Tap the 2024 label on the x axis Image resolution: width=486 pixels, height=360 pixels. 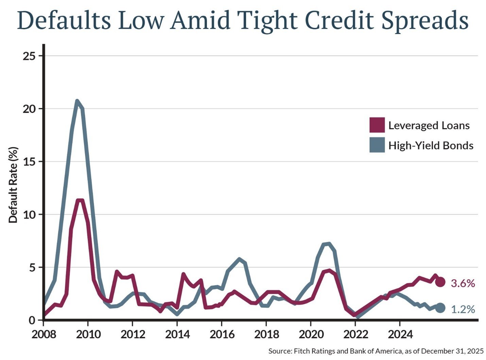point(400,334)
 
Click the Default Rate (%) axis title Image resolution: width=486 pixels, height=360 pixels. point(13,185)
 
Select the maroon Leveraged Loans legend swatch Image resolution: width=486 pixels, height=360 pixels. point(377,125)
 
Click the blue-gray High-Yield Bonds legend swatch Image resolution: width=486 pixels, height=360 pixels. point(377,145)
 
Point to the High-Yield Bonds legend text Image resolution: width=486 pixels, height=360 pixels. point(431,145)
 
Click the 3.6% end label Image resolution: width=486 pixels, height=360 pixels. point(463,283)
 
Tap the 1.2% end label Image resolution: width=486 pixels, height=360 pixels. point(463,309)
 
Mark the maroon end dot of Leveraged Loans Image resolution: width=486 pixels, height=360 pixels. point(440,282)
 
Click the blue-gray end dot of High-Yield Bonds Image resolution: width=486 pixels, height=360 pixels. point(440,308)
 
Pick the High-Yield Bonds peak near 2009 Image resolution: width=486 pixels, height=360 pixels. point(77,101)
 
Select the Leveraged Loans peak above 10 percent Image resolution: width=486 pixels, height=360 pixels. point(80,200)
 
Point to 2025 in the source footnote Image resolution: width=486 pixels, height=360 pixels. point(476,351)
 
